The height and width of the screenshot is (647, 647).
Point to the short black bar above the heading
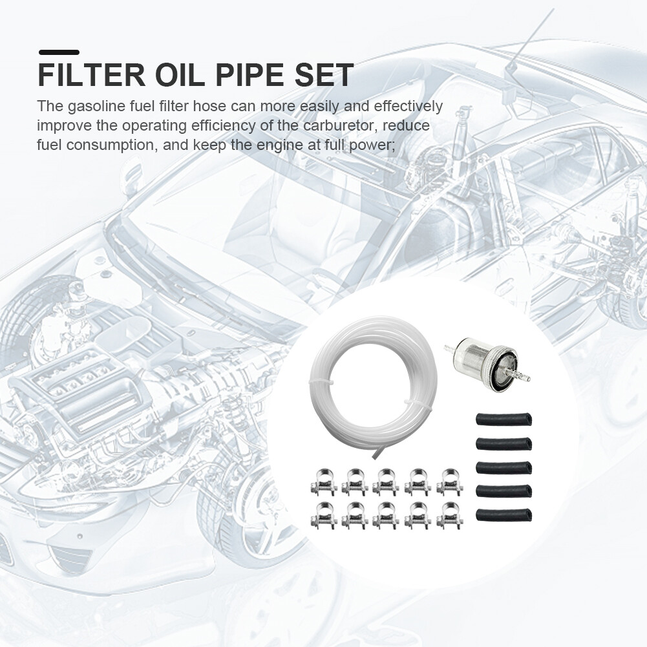coord(59,52)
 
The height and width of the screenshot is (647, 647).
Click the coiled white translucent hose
coord(373,385)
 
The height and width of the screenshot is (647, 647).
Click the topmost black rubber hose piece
coord(504,420)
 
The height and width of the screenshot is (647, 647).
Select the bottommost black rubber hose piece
coord(504,515)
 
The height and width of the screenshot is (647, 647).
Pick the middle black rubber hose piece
coord(504,467)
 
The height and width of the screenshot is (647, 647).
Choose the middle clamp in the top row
coord(385,480)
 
